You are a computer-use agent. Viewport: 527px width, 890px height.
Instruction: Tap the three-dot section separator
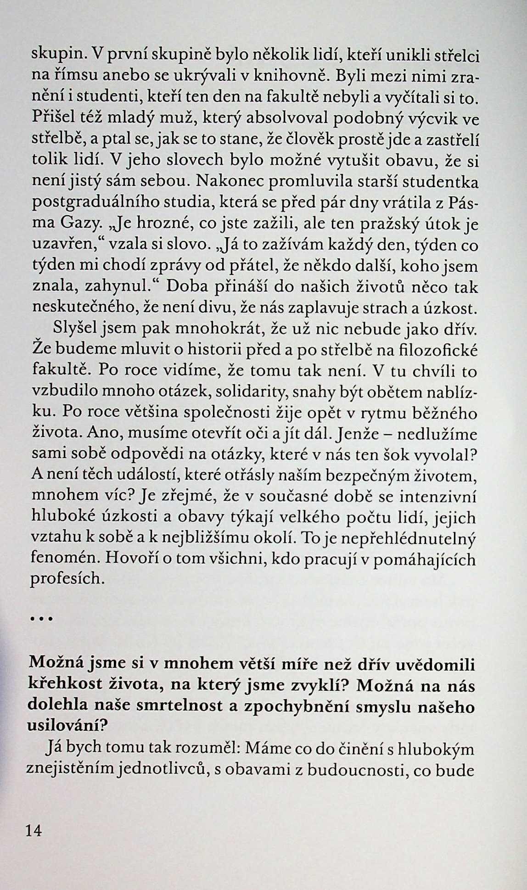pyautogui.click(x=42, y=619)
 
